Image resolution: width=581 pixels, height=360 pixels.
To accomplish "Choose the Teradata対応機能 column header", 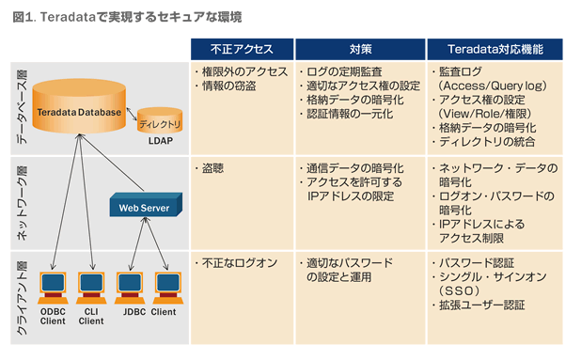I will coord(496,49).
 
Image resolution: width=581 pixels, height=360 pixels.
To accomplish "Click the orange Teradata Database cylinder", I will coord(78,110).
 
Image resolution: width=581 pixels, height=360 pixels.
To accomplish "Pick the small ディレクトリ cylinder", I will coord(158,121).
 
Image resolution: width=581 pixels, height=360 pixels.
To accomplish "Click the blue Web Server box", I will coord(142,206).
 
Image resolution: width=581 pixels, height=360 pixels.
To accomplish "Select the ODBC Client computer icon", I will coord(54,286).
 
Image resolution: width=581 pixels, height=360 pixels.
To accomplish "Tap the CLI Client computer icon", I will coord(91,286).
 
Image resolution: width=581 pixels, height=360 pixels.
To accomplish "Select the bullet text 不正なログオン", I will coord(234,262).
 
